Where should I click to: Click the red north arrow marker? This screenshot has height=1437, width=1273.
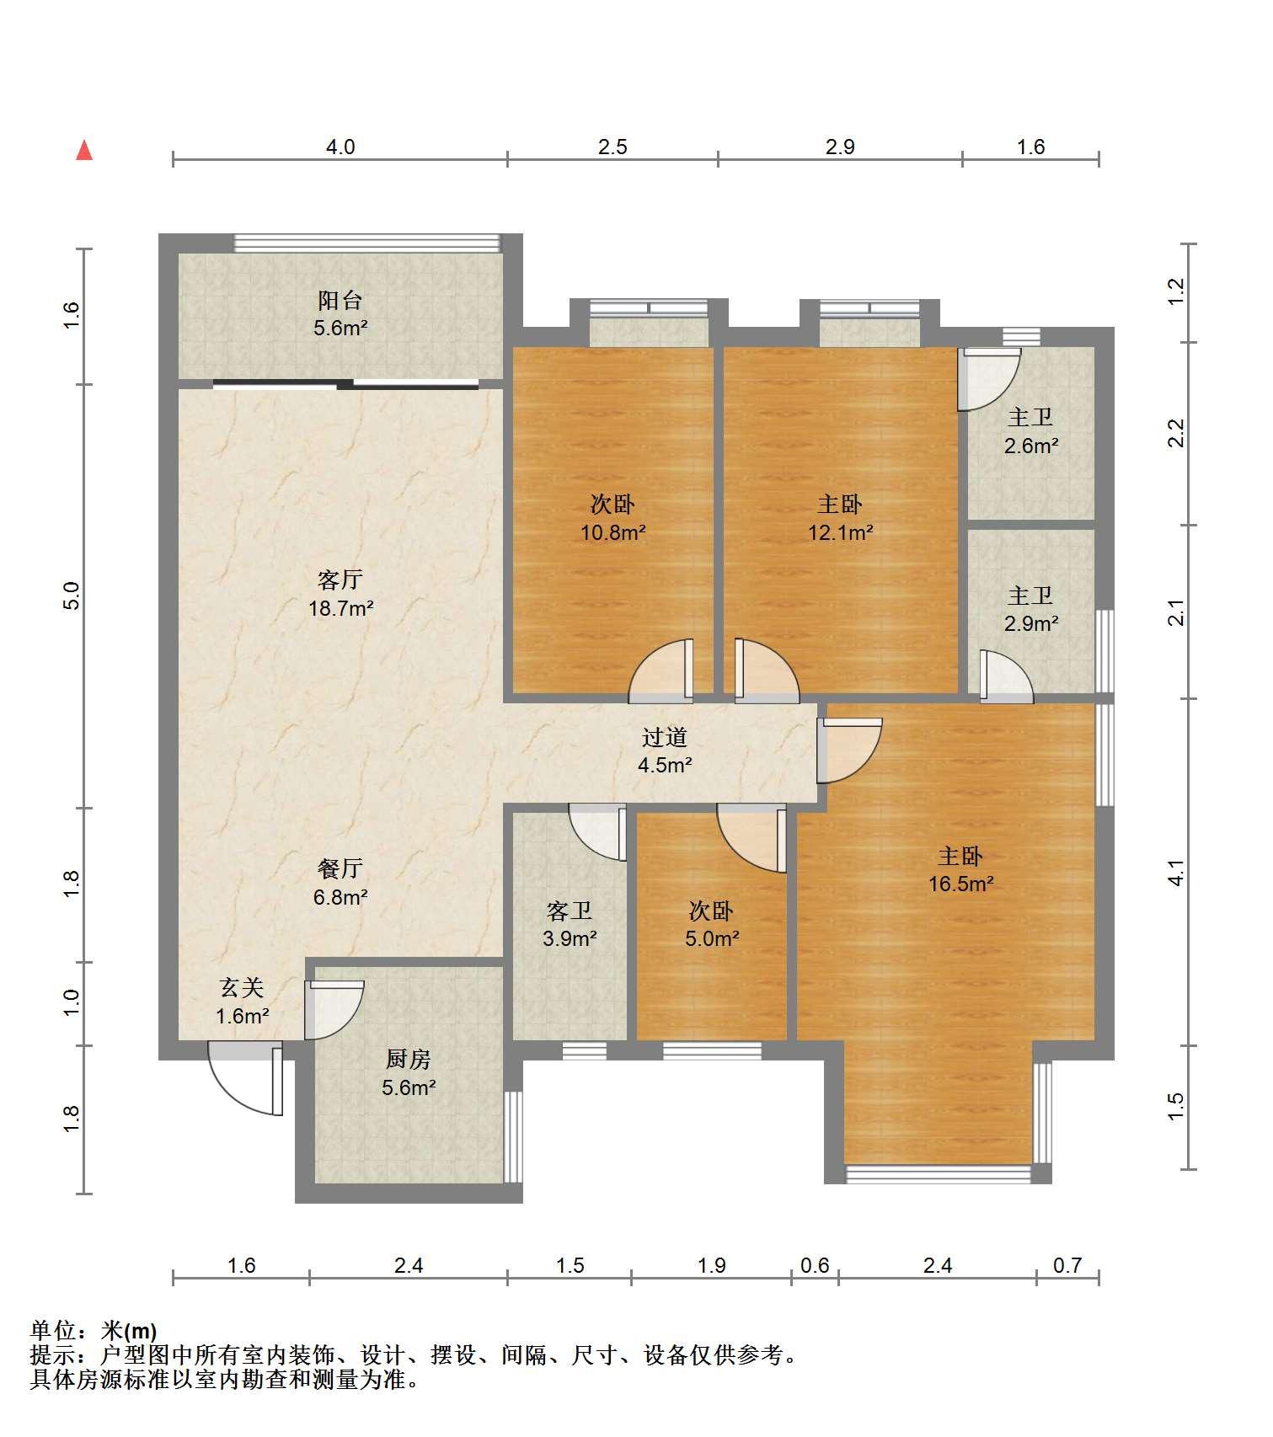[84, 150]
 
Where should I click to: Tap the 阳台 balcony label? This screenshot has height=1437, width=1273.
[340, 300]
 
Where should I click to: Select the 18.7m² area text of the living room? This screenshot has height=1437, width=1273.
[340, 608]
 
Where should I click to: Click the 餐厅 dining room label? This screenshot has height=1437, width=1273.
[340, 868]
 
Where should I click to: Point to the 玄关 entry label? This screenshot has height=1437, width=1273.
[243, 987]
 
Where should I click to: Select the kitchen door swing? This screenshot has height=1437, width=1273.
[334, 1009]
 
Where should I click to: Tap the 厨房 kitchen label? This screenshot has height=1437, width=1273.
[409, 1059]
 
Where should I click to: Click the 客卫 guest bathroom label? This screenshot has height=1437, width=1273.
[570, 911]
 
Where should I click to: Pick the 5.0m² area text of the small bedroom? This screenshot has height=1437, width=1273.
[712, 938]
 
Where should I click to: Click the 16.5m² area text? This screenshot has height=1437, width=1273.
[961, 884]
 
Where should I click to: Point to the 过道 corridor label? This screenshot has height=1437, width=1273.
[665, 737]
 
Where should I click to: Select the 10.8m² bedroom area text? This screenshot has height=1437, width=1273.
[613, 532]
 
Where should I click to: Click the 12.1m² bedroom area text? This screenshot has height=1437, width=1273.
[841, 532]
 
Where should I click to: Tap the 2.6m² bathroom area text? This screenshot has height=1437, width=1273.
[1031, 446]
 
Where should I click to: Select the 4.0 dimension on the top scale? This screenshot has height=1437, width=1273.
[340, 147]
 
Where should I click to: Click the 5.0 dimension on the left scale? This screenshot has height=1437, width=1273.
[72, 596]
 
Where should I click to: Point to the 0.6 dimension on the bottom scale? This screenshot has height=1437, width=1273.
[815, 1265]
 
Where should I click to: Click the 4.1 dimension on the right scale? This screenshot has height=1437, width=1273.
[1177, 872]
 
